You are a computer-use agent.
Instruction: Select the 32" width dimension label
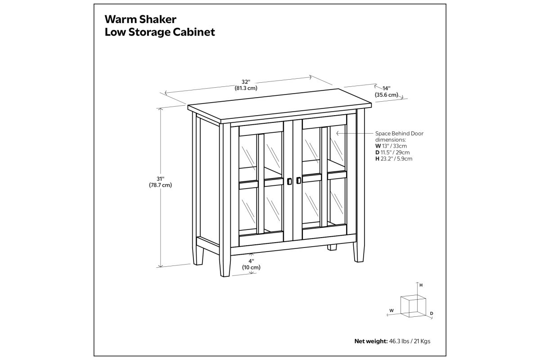point(246,82)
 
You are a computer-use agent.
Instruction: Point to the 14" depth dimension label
point(386,88)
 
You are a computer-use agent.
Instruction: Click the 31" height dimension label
point(160,179)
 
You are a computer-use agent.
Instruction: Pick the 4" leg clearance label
point(251,261)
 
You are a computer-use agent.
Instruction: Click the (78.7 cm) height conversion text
point(160,185)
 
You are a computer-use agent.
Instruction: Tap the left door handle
point(289,181)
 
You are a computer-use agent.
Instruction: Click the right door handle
point(298,180)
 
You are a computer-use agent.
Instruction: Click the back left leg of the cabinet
point(198,255)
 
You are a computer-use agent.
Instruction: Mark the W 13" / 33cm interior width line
point(391,146)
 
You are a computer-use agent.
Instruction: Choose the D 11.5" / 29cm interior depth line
point(392,153)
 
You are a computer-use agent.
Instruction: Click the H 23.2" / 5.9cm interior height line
point(394,159)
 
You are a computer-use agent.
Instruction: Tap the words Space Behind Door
point(399,133)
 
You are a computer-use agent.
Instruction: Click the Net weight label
point(371,341)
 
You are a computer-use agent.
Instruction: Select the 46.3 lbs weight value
point(399,341)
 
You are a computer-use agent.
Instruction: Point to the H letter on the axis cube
point(421,285)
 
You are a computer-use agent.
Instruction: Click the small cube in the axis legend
point(413,306)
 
